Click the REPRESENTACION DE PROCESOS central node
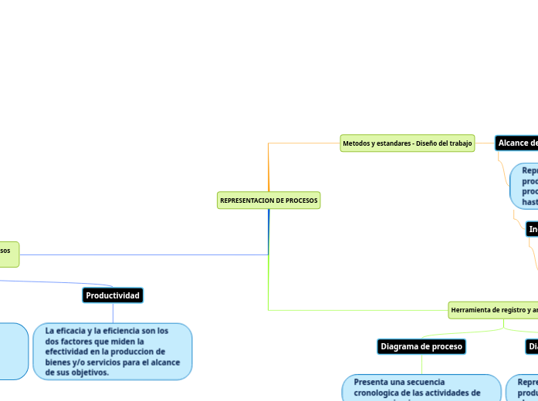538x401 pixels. point(269,200)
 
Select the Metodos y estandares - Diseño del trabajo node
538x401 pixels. point(408,143)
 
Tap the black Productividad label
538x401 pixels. point(113,296)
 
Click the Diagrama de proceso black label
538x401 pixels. point(421,347)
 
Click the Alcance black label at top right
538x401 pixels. point(517,143)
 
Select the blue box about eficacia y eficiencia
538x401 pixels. point(113,352)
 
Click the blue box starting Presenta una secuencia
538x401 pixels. point(421,388)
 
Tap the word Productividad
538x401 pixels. point(113,296)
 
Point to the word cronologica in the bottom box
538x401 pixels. point(380,393)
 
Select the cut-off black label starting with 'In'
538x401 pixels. point(532,229)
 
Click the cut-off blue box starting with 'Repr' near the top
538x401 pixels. point(525,186)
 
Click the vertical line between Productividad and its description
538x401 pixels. point(113,313)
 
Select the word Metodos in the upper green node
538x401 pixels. point(356,143)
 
